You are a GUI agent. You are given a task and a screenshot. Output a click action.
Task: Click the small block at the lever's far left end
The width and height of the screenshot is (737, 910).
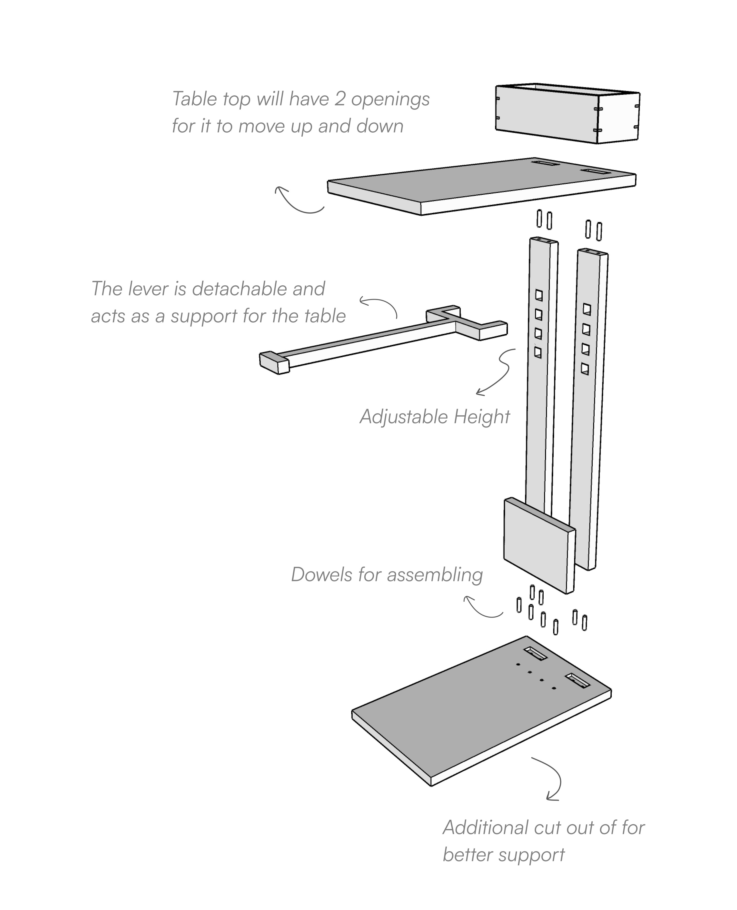click(x=274, y=362)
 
